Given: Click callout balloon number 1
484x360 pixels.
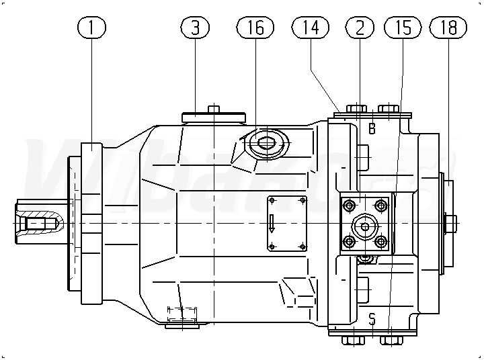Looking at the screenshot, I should point(92,28).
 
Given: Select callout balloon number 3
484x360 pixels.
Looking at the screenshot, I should point(196,28).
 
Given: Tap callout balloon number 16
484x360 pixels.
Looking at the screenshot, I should point(255,28).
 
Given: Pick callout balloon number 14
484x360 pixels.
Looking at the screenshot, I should point(311,28).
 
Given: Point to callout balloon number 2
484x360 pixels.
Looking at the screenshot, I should point(360,28).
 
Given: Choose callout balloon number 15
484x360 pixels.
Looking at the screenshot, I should point(402,28).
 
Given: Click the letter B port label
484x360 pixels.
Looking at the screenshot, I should point(372,127).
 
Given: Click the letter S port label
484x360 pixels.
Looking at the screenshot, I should point(372,317).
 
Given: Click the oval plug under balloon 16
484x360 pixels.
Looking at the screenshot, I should point(264,143).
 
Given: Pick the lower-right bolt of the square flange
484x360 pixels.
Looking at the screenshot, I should point(381,242).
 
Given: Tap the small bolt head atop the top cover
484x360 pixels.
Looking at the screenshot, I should point(214,109).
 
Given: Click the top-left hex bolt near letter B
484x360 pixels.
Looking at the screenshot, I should point(355,109).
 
